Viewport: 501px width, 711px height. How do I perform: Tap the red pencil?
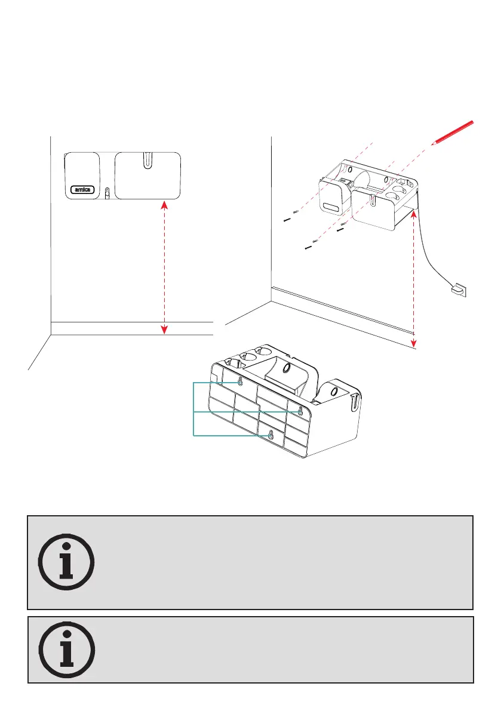point(454,132)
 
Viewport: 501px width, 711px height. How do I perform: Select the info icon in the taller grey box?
point(66,562)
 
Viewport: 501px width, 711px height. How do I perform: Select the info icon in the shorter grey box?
point(66,650)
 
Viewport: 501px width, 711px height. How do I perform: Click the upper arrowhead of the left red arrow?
point(165,205)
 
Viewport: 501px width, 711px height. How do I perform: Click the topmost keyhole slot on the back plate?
point(240,381)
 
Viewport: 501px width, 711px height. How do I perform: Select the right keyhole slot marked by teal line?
point(300,410)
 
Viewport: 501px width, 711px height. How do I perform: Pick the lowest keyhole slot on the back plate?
point(271,435)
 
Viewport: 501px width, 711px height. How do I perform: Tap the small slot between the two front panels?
point(107,194)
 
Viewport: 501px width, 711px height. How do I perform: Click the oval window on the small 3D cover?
point(331,208)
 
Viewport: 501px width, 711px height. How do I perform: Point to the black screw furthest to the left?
point(287,219)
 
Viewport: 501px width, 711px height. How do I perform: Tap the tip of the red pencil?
point(433,143)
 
